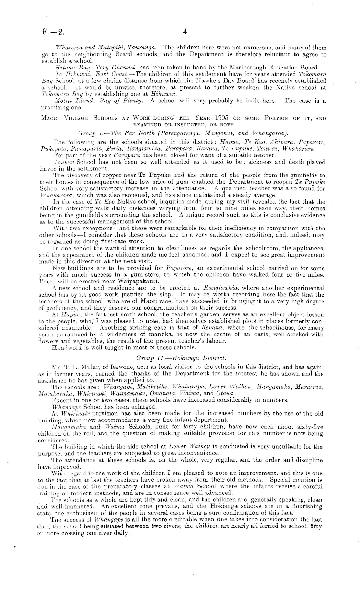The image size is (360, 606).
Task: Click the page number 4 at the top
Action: click(185, 32)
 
